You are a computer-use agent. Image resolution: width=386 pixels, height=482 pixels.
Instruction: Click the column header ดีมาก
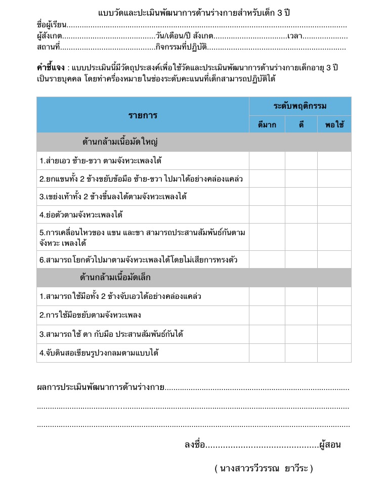[x=267, y=124]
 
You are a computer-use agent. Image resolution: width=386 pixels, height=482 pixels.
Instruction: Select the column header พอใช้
[x=334, y=124]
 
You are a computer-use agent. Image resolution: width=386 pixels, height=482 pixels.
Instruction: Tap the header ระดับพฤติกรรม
[x=300, y=106]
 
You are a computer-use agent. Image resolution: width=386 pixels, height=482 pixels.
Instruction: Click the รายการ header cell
[x=143, y=115]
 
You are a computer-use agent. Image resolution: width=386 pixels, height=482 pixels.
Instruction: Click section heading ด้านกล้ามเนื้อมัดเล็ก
[x=115, y=278]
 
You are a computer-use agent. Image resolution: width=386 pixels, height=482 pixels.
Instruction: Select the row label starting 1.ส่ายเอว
[x=101, y=161]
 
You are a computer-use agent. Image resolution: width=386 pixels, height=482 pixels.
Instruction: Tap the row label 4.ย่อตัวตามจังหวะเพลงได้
[x=81, y=214]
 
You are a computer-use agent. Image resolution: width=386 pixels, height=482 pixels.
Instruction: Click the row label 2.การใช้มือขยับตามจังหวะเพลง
[x=90, y=315]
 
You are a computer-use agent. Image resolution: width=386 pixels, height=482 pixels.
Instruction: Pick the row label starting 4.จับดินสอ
[x=99, y=353]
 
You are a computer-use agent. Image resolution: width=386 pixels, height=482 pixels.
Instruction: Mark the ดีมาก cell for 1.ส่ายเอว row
[x=267, y=161]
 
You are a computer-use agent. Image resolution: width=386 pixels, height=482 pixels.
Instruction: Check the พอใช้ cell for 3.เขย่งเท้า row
[x=334, y=196]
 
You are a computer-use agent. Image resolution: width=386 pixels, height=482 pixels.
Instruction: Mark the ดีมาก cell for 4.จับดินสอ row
[x=267, y=353]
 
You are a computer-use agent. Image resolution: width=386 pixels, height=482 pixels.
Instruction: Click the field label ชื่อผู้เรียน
[x=52, y=24]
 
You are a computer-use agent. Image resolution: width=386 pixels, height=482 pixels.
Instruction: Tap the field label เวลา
[x=294, y=36]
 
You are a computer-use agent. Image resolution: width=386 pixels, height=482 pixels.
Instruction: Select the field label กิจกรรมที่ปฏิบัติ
[x=181, y=48]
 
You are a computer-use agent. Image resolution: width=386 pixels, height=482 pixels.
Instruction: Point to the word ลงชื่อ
[x=195, y=445]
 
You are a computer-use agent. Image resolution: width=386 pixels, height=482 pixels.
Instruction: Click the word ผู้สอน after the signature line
[x=330, y=445]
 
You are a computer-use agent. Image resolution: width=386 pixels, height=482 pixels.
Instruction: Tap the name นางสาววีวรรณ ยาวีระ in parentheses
[x=264, y=468]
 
